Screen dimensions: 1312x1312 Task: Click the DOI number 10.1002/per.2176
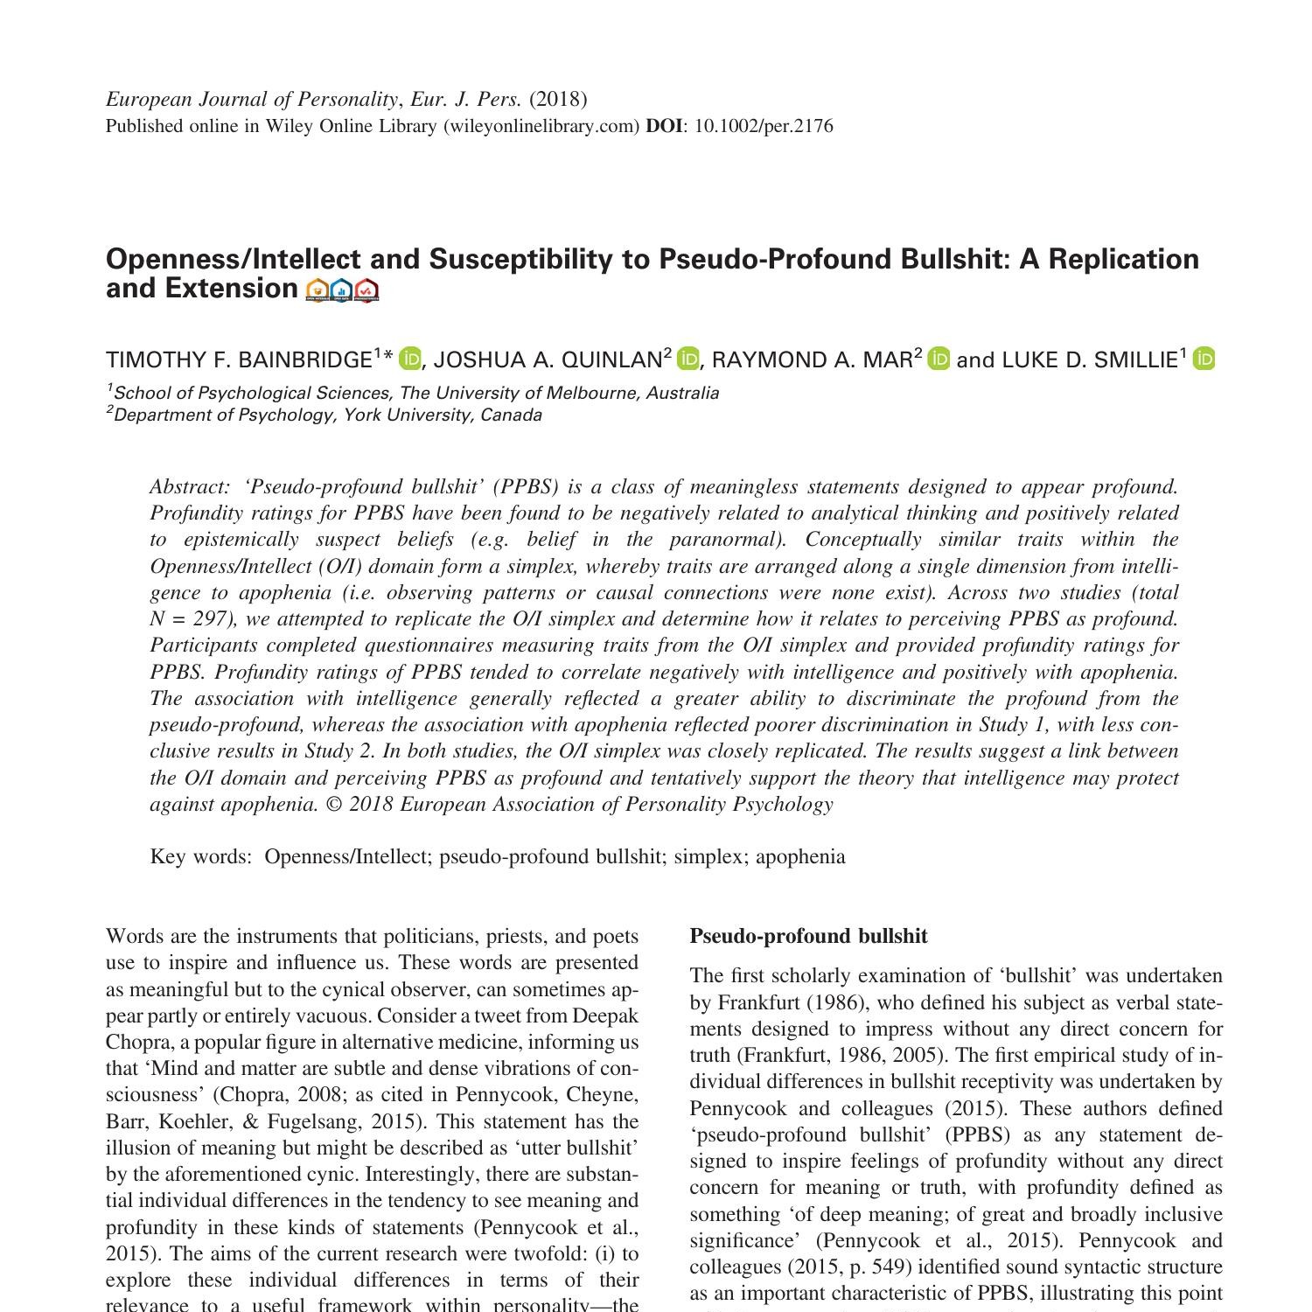point(763,126)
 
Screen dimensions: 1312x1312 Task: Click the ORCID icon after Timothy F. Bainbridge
point(409,359)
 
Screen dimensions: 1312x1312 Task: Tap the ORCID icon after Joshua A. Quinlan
point(688,359)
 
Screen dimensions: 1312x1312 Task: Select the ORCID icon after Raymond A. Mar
point(939,359)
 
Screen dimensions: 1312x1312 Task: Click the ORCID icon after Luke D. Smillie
point(1204,359)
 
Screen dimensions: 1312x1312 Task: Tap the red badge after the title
point(367,290)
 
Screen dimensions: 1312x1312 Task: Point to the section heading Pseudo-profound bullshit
point(808,936)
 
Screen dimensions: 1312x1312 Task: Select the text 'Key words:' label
point(200,856)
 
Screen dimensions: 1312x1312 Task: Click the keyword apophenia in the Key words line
point(800,856)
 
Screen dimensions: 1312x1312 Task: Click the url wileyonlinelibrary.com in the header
point(541,126)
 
